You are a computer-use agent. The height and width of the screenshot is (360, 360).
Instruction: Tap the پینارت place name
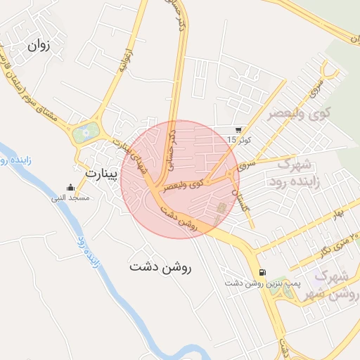point(99,172)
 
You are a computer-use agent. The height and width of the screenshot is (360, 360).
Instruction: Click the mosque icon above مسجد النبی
point(70,188)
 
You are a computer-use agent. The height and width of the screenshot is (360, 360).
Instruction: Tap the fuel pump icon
point(262,273)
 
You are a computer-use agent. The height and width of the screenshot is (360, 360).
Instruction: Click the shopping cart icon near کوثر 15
point(239,130)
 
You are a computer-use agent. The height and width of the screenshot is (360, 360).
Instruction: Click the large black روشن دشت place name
point(161,267)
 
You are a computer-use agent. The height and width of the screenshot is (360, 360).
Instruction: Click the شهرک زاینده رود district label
point(295,173)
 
